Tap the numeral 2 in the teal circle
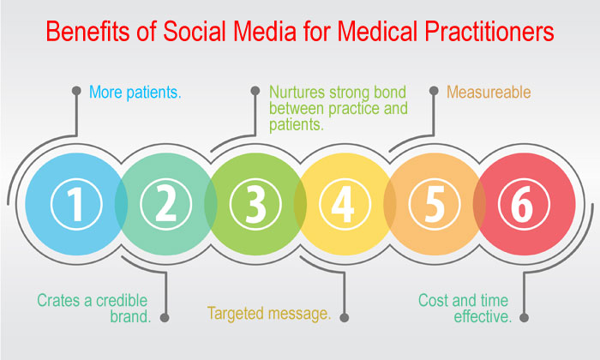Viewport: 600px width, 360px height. tap(165, 204)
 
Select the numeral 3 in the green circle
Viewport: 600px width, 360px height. tap(255, 204)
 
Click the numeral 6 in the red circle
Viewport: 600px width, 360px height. tap(524, 204)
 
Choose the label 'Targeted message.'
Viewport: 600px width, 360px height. tap(269, 315)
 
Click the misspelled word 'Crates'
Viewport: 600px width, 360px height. tap(56, 300)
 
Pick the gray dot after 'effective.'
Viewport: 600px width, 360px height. tap(525, 317)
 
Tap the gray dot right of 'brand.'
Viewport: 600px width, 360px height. tap(165, 317)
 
